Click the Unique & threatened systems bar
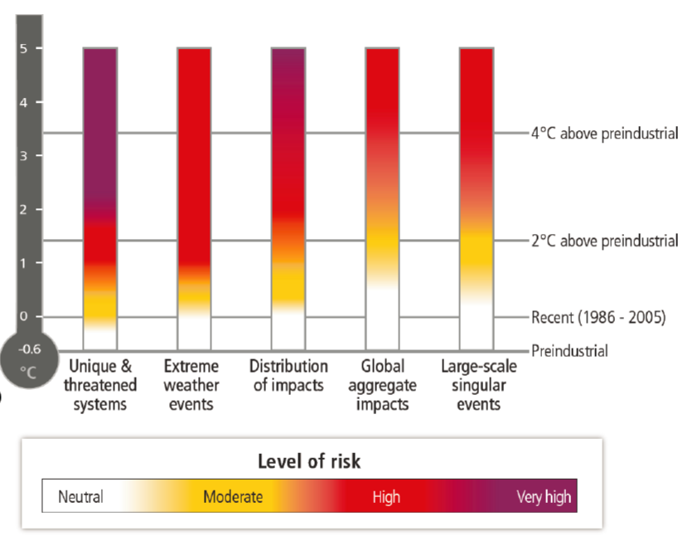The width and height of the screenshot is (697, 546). pyautogui.click(x=99, y=199)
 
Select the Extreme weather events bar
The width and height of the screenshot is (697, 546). pyautogui.click(x=194, y=199)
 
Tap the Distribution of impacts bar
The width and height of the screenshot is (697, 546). pyautogui.click(x=288, y=199)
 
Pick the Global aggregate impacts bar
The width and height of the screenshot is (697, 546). pyautogui.click(x=382, y=199)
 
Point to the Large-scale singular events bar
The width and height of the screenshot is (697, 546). pyautogui.click(x=476, y=199)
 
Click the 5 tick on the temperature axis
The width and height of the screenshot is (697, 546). pyautogui.click(x=24, y=49)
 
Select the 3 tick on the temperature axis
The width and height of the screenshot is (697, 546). pyautogui.click(x=24, y=156)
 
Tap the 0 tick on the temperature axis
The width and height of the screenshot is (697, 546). pyautogui.click(x=24, y=316)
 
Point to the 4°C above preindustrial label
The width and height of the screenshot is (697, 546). pyautogui.click(x=604, y=133)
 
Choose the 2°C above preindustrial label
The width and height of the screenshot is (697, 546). pyautogui.click(x=604, y=241)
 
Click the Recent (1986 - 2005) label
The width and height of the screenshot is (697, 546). pyautogui.click(x=598, y=317)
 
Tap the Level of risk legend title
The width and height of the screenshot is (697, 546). pyautogui.click(x=309, y=461)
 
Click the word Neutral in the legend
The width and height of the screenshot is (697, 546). pyautogui.click(x=80, y=497)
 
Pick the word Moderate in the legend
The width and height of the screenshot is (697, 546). pyautogui.click(x=233, y=497)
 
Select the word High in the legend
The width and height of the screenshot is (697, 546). pyautogui.click(x=386, y=497)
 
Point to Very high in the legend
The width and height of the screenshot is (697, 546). pyautogui.click(x=544, y=497)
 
